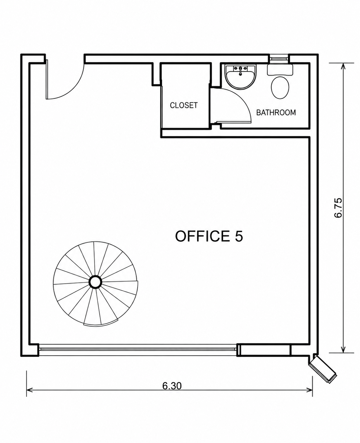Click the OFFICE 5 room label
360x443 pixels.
pyautogui.click(x=209, y=236)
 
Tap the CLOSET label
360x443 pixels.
pyautogui.click(x=184, y=105)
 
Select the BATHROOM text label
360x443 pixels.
pyautogui.click(x=276, y=112)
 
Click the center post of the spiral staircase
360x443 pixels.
pyautogui.click(x=95, y=282)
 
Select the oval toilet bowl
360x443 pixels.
pyautogui.click(x=280, y=88)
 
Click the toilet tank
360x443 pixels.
pyautogui.click(x=280, y=70)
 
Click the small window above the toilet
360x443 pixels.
pyautogui.click(x=279, y=58)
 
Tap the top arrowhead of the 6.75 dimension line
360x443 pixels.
pyautogui.click(x=343, y=66)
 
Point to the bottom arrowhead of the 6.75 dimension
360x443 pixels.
pyautogui.click(x=343, y=350)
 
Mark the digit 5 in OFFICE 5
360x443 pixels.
pyautogui.click(x=239, y=236)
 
